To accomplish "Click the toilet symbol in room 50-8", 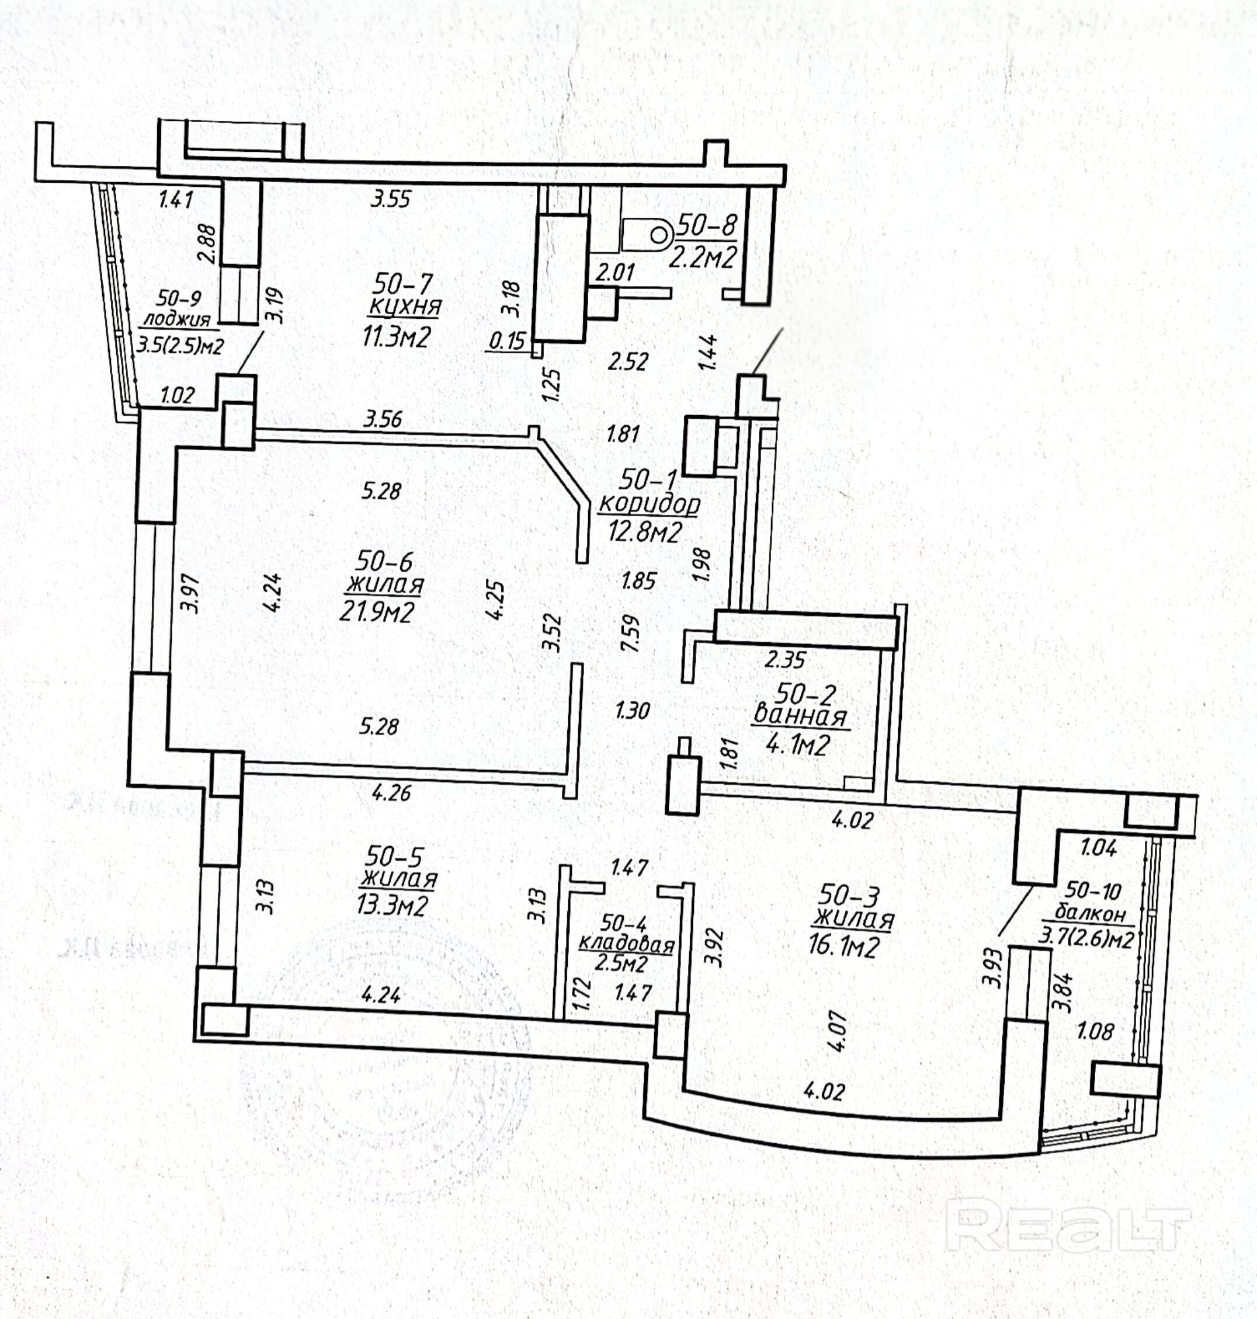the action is click(x=647, y=235).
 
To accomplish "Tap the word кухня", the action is click(x=405, y=307).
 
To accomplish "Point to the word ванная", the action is click(x=801, y=715).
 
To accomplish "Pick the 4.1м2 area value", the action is click(x=798, y=744).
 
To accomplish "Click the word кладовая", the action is click(x=626, y=945).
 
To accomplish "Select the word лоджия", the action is click(x=178, y=319).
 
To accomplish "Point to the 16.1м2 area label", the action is click(x=843, y=947).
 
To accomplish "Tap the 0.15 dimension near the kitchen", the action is click(x=507, y=341).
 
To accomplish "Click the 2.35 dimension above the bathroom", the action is click(x=785, y=660).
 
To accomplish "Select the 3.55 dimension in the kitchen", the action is click(x=391, y=199).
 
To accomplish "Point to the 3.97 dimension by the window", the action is click(x=193, y=593).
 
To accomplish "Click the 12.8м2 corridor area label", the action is click(x=645, y=532).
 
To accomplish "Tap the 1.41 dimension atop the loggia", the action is click(x=176, y=199).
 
